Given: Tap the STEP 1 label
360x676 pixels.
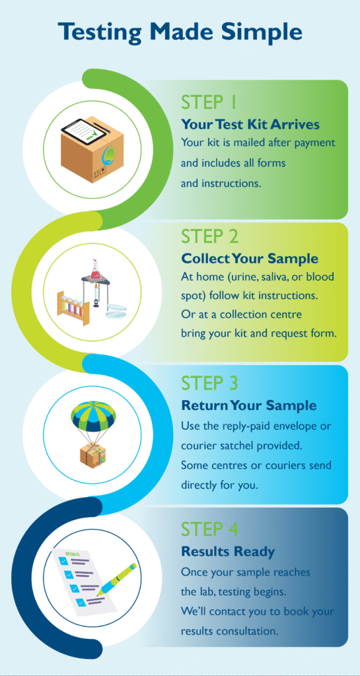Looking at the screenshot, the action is [209, 103].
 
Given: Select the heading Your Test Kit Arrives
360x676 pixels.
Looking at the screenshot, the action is [250, 125].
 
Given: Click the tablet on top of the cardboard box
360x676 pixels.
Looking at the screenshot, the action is [83, 127].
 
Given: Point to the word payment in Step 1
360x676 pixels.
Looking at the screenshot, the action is [315, 143].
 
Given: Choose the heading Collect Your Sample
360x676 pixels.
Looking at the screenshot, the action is [250, 259].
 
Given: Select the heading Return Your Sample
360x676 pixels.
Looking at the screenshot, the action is [249, 406].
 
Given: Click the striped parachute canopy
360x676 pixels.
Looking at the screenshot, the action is [93, 418].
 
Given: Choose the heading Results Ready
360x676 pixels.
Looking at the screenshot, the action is [228, 551].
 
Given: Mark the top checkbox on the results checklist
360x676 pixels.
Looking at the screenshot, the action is [64, 561].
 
